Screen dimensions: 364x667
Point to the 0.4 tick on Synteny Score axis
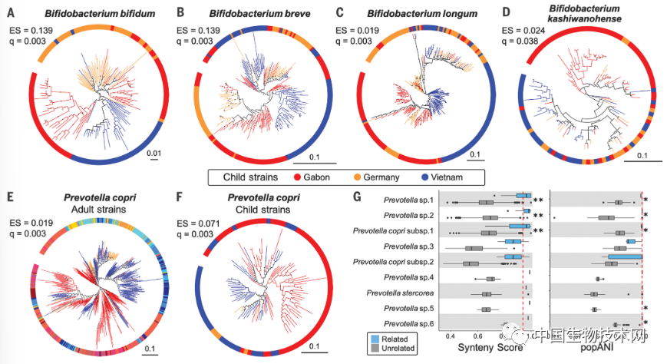(x=451, y=335)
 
